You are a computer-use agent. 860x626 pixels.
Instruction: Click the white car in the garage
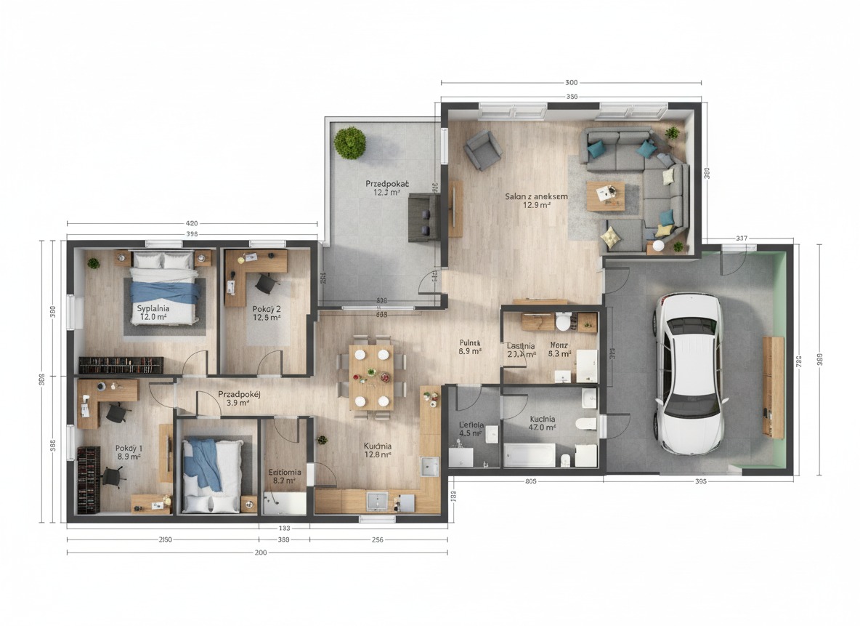[x=690, y=374]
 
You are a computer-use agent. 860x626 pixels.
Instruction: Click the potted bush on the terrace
[x=349, y=142]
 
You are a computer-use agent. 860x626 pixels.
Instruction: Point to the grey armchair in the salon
[x=482, y=150]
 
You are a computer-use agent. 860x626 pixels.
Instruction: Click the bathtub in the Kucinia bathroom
[x=530, y=455]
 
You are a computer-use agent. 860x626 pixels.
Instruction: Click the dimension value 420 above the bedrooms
[x=192, y=223]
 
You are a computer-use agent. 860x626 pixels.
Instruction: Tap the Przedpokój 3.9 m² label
[x=240, y=398]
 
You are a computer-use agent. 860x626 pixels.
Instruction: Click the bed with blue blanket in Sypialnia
[x=165, y=287]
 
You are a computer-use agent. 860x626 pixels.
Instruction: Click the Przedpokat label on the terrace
[x=383, y=188]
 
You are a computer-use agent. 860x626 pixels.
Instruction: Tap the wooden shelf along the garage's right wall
[x=773, y=387]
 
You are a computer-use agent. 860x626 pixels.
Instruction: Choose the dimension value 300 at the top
[x=571, y=83]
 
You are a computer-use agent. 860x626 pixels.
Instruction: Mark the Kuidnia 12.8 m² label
[x=378, y=450]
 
